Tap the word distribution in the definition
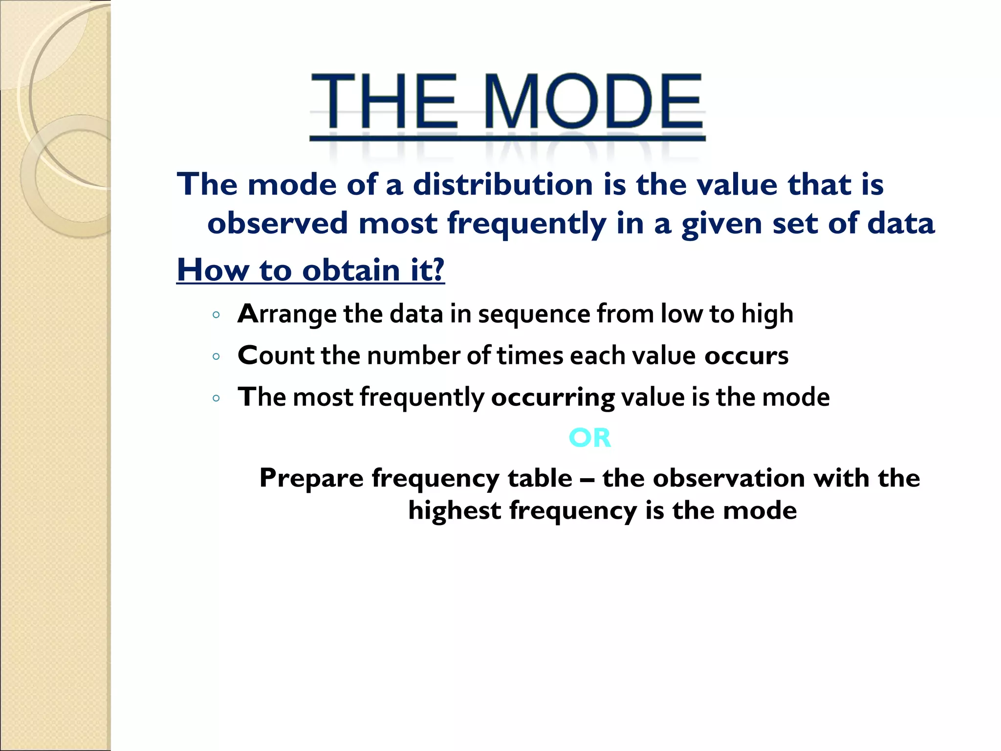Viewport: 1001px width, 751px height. point(503,185)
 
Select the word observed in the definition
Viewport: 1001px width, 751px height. point(278,223)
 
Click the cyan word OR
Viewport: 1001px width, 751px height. point(590,438)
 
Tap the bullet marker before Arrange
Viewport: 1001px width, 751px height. point(216,315)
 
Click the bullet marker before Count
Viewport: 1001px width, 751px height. point(216,356)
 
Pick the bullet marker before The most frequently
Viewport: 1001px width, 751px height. point(216,398)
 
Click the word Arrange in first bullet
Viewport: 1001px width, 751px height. point(286,314)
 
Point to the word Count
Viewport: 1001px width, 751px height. point(276,355)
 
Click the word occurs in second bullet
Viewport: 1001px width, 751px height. point(746,355)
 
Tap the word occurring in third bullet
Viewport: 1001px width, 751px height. point(552,397)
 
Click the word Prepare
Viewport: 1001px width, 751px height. point(311,478)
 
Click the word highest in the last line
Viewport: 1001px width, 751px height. point(454,510)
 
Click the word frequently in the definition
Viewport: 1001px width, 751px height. point(526,223)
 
